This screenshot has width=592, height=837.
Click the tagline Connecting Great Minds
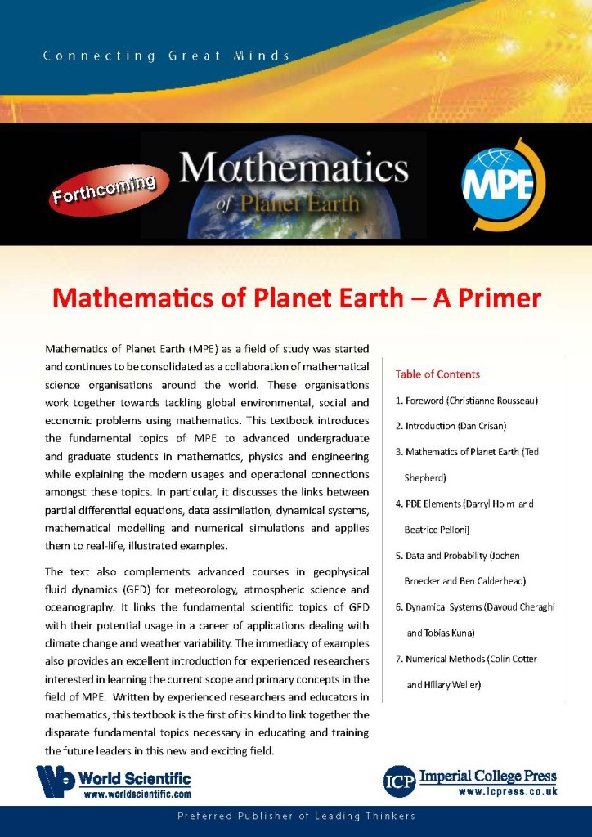coord(167,56)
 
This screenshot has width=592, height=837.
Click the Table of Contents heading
coord(437,374)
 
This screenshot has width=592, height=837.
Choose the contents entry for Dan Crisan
coord(447,427)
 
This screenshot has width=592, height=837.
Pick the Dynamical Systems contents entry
coord(474,607)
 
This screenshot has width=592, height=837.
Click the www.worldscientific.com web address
coord(137,794)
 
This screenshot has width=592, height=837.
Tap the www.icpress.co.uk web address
coord(508,791)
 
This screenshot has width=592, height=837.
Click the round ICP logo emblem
coord(400,781)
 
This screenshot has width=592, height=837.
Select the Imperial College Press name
coord(488,776)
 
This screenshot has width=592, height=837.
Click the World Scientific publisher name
coord(134,779)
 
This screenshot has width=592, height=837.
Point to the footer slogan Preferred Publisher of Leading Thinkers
coord(296,817)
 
